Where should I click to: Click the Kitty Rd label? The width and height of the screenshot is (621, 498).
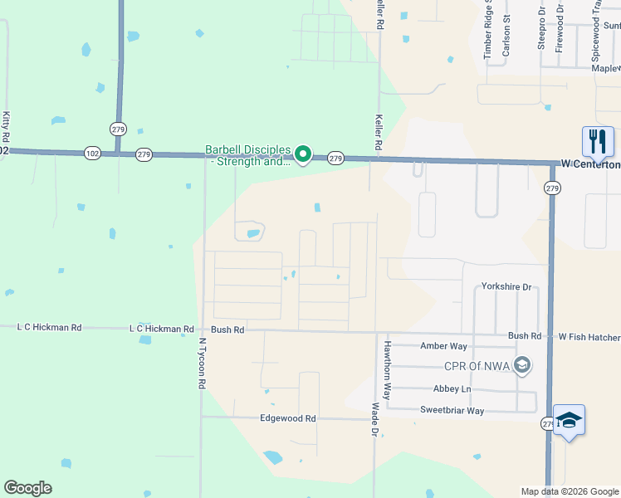pyautogui.click(x=6, y=126)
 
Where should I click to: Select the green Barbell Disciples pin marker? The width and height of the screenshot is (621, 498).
pyautogui.click(x=304, y=154)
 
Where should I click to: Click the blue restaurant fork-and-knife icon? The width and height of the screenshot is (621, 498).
pyautogui.click(x=598, y=142)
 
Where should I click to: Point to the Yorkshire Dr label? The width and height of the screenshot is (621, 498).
pyautogui.click(x=506, y=287)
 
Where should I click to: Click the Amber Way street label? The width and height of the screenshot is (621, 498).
pyautogui.click(x=444, y=346)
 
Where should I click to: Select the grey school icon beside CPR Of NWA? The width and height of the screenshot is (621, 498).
pyautogui.click(x=522, y=365)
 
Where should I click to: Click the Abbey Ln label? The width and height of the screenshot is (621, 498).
pyautogui.click(x=452, y=389)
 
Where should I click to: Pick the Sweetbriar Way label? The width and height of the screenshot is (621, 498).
pyautogui.click(x=452, y=411)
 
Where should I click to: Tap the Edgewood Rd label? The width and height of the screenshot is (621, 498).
pyautogui.click(x=288, y=419)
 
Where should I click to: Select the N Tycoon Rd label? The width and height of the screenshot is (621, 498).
pyautogui.click(x=201, y=364)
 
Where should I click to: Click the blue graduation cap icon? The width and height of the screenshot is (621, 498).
pyautogui.click(x=570, y=421)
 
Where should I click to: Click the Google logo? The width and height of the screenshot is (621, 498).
pyautogui.click(x=28, y=488)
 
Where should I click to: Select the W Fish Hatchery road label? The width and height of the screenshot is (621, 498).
pyautogui.click(x=589, y=336)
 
